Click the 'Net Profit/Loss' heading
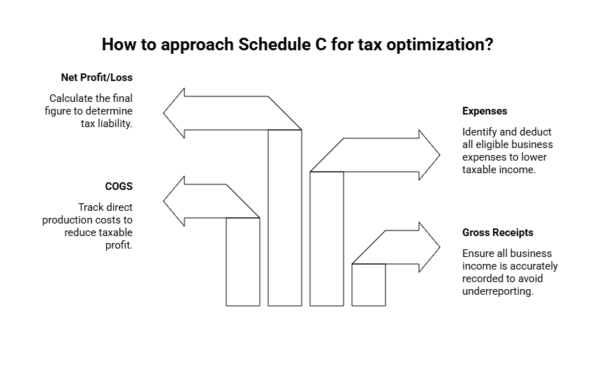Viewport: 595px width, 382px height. click(96, 78)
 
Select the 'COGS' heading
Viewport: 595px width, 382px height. click(119, 186)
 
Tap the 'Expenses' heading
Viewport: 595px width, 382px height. click(485, 111)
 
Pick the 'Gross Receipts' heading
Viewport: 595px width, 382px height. click(497, 233)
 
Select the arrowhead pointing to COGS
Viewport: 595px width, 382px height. click(174, 202)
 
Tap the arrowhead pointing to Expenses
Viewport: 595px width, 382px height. click(429, 154)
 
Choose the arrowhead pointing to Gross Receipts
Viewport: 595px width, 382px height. click(429, 247)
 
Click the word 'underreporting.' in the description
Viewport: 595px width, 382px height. click(498, 291)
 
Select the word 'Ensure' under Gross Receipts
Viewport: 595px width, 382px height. click(478, 254)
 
